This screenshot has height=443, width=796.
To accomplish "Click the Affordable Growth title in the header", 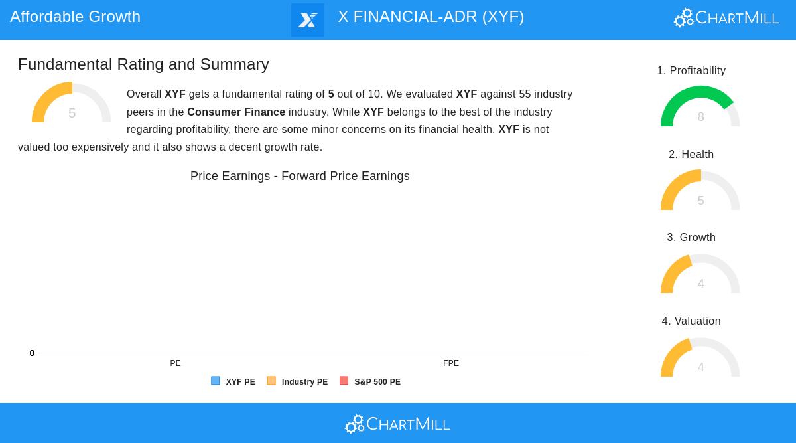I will [75, 17].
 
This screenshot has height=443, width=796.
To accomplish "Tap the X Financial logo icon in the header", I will [308, 20].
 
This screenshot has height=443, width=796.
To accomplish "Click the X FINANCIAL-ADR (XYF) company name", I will [431, 17].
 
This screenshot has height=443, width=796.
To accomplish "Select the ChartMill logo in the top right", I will [726, 18].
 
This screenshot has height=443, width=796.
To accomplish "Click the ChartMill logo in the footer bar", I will [397, 424].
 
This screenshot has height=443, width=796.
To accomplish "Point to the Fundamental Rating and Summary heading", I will [143, 64].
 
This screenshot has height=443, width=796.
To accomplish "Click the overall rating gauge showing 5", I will [72, 104].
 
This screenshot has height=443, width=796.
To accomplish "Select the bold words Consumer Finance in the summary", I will [236, 112].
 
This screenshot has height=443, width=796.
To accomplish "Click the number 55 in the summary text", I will [525, 94].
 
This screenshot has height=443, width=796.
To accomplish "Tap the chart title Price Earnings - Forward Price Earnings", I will [300, 176].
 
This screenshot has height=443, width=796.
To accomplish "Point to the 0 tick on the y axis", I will [32, 353].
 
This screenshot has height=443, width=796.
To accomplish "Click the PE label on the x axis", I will [175, 363].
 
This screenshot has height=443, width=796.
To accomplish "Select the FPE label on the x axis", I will [451, 363].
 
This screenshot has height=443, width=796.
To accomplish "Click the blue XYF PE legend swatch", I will [216, 381].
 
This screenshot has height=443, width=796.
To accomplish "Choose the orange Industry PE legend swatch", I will [271, 381].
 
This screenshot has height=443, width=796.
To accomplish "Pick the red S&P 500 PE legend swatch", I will [344, 381].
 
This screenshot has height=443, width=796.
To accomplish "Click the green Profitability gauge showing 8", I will [700, 108].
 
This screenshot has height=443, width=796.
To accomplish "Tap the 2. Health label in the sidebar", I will [691, 155].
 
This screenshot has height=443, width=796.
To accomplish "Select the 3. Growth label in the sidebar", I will [691, 238].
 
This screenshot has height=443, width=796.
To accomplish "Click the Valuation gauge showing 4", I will [700, 359].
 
